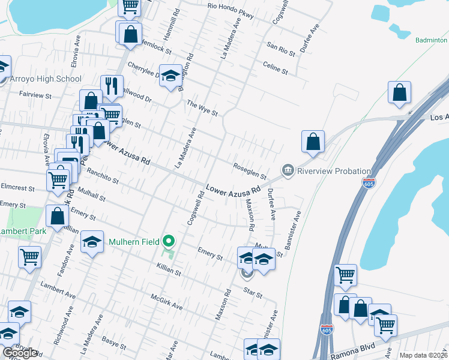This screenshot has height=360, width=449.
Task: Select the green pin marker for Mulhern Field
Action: pyautogui.click(x=169, y=242)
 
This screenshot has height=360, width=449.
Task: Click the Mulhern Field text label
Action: pyautogui.click(x=134, y=242)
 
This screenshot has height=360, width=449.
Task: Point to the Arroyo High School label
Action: pyautogui.click(x=46, y=79)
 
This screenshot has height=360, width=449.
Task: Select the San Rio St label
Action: pyautogui.click(x=281, y=49)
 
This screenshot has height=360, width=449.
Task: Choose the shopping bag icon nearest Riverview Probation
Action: pyautogui.click(x=313, y=143)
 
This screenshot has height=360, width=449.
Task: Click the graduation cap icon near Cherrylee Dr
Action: pyautogui.click(x=171, y=76)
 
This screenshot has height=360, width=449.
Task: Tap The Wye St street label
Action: pyautogui.click(x=201, y=108)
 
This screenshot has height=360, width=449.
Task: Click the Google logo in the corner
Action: pyautogui.click(x=20, y=353)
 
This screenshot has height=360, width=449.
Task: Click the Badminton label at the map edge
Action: pyautogui.click(x=431, y=40)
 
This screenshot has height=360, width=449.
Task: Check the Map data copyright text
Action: pyautogui.click(x=423, y=355)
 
